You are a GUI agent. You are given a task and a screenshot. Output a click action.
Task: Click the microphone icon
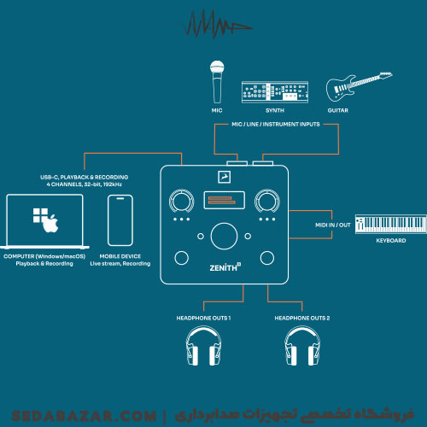(217, 82)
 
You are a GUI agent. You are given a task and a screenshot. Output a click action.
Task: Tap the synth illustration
(275, 92)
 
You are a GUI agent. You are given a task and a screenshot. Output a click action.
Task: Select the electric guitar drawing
(359, 86)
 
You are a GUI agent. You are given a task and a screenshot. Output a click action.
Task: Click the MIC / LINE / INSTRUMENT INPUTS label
(276, 125)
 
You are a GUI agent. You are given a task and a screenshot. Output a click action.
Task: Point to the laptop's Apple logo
(51, 224)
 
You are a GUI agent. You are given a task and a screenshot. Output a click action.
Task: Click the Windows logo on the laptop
(40, 215)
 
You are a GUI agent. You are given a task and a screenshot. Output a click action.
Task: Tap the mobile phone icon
(120, 220)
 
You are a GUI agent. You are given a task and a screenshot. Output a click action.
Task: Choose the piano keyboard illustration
(391, 225)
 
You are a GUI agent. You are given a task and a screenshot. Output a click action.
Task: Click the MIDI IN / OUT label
(333, 225)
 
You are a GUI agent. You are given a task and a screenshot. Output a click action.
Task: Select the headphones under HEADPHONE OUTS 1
(203, 346)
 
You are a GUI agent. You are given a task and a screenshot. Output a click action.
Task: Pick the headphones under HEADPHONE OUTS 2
(302, 346)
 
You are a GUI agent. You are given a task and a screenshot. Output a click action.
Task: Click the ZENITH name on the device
(225, 267)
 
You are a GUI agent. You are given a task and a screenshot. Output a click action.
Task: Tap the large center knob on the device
(224, 236)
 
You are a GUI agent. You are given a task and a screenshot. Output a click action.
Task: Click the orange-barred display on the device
(224, 201)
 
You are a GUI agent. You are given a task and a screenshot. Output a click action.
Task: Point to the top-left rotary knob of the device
(182, 202)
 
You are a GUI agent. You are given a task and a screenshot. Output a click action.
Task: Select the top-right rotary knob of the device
(266, 202)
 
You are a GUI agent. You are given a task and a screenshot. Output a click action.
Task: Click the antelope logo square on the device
(224, 177)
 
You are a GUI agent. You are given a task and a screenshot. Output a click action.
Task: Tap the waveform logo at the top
(217, 24)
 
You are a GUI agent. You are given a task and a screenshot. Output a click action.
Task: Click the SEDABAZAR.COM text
(84, 416)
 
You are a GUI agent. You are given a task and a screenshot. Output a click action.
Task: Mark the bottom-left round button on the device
(181, 258)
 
